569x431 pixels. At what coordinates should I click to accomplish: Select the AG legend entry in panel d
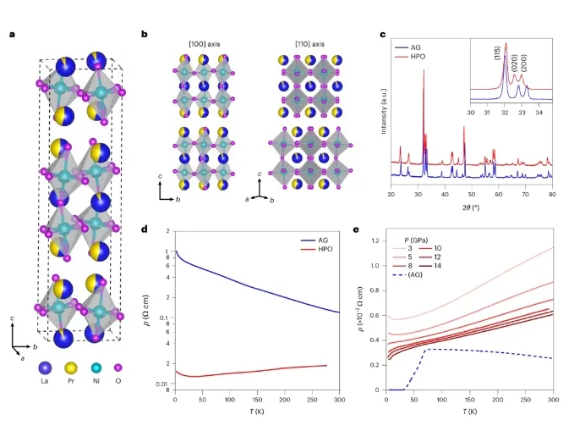pyautogui.click(x=311, y=239)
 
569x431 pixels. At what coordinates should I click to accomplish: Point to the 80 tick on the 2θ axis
pyautogui.click(x=552, y=195)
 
